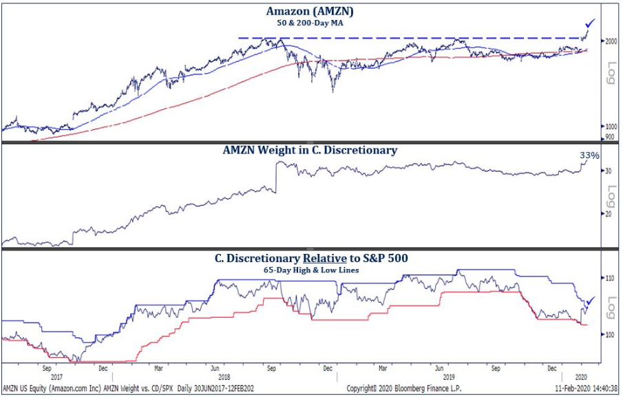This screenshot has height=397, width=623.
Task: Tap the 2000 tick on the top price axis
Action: point(610,41)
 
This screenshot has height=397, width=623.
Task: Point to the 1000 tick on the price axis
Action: point(610,127)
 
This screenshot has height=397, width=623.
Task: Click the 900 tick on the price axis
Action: point(609,138)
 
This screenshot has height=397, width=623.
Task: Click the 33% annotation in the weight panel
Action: point(589,155)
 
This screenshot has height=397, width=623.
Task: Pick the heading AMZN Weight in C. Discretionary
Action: point(310,150)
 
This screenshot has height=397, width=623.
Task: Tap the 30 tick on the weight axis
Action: point(608,171)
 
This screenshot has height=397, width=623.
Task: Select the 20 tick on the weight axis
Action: point(608,214)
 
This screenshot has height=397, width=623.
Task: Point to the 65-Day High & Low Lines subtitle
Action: point(310,270)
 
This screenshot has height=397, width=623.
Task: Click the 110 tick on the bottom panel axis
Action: point(609,278)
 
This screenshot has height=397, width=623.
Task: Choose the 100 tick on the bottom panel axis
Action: point(609,335)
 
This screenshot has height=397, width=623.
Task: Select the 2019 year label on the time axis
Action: point(447,377)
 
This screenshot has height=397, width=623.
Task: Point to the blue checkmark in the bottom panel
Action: point(590,300)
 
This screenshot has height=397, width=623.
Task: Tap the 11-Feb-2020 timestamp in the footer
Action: point(576,389)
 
